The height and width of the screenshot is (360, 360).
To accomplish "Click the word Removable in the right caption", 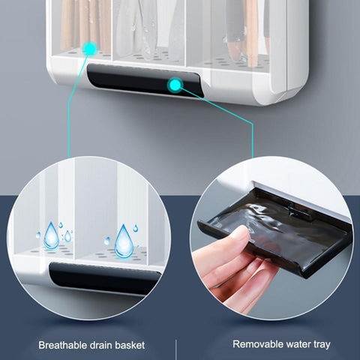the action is tap(258, 344).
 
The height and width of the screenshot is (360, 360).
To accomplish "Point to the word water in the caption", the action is tap(298, 344).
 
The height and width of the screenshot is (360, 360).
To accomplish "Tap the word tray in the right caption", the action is tap(322, 345).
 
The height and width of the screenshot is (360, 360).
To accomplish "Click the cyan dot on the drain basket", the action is tap(89, 49).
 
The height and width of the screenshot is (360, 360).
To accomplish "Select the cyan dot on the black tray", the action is tap(175, 85).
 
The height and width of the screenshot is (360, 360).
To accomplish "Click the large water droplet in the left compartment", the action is tap(51, 235).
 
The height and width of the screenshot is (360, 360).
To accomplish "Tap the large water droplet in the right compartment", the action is tap(124, 241).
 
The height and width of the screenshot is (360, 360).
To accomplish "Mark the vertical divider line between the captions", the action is tap(177, 349).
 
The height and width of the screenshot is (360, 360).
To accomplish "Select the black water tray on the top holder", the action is tap(145, 80).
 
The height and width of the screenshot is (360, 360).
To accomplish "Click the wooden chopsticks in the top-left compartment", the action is tap(85, 25).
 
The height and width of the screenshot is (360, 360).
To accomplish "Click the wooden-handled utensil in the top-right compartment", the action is tap(251, 32).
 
